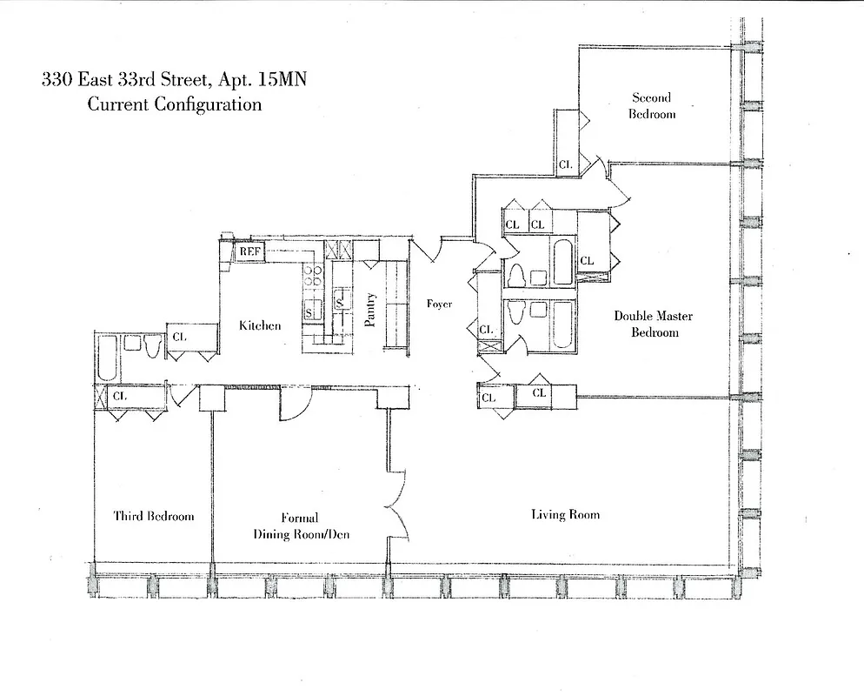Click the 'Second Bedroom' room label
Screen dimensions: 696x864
click(x=651, y=105)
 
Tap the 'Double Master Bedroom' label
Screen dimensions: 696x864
click(x=654, y=324)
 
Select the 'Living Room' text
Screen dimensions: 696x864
click(x=565, y=514)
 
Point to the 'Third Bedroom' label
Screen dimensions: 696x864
click(x=154, y=516)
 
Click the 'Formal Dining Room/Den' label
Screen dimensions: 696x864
click(x=301, y=526)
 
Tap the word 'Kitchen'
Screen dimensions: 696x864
click(x=261, y=326)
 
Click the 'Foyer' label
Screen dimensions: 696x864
click(x=439, y=304)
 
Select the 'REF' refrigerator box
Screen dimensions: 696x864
click(x=250, y=251)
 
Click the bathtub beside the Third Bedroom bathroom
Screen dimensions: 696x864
click(x=107, y=358)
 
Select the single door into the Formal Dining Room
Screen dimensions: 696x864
click(x=295, y=405)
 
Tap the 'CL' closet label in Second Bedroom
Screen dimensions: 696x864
click(x=565, y=164)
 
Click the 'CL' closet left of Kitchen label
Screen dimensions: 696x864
click(x=181, y=336)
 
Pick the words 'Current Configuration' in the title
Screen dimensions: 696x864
click(x=174, y=104)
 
